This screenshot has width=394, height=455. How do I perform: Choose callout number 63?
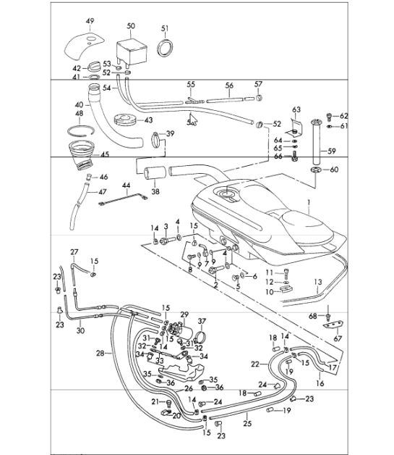[295, 109]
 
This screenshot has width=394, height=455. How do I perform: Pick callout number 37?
[202, 321]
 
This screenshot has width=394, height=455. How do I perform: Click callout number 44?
[126, 185]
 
